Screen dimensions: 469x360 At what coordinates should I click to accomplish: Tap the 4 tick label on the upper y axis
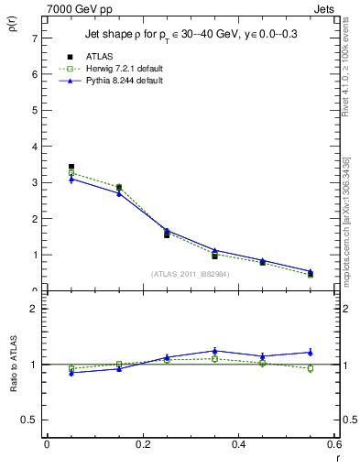(33, 147)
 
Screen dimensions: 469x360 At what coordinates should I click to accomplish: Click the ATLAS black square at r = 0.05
(71, 167)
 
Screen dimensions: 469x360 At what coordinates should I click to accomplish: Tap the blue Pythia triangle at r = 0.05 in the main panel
(71, 180)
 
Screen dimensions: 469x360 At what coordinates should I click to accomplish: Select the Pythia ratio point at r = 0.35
(214, 351)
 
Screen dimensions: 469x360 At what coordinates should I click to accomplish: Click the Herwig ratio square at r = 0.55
(311, 369)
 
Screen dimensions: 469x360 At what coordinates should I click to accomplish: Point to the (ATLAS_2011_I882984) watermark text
(191, 274)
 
